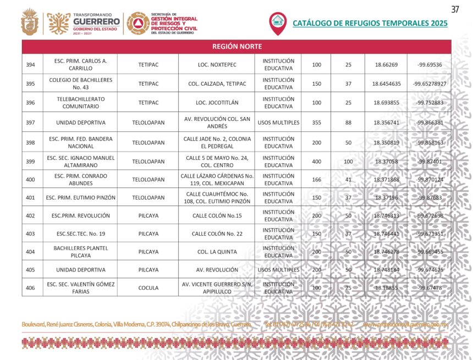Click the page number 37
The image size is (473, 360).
coord(455,9)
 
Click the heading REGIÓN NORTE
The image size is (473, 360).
coord(237,47)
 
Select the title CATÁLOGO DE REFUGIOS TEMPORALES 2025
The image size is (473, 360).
coord(370,23)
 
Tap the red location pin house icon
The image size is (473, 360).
coord(277,23)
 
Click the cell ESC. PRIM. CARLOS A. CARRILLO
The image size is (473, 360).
coord(81,65)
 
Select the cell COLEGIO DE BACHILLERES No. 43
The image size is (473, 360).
coord(81,84)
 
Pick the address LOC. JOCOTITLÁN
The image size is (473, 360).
coord(217,103)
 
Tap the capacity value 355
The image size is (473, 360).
coord(316,123)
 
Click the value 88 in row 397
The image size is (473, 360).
coord(348,123)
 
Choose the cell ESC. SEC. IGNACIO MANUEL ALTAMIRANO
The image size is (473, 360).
coord(81,162)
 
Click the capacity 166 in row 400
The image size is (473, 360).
coord(316,180)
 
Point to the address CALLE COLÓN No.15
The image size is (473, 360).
coord(217,215)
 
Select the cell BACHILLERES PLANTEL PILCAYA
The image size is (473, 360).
coord(81,252)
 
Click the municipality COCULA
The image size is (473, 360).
coord(148,287)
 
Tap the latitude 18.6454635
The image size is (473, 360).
coord(386,84)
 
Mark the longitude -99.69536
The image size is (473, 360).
coord(430,65)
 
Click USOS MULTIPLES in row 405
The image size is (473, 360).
coord(278,270)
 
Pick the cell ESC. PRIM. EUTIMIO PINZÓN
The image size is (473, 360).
coord(81,197)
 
